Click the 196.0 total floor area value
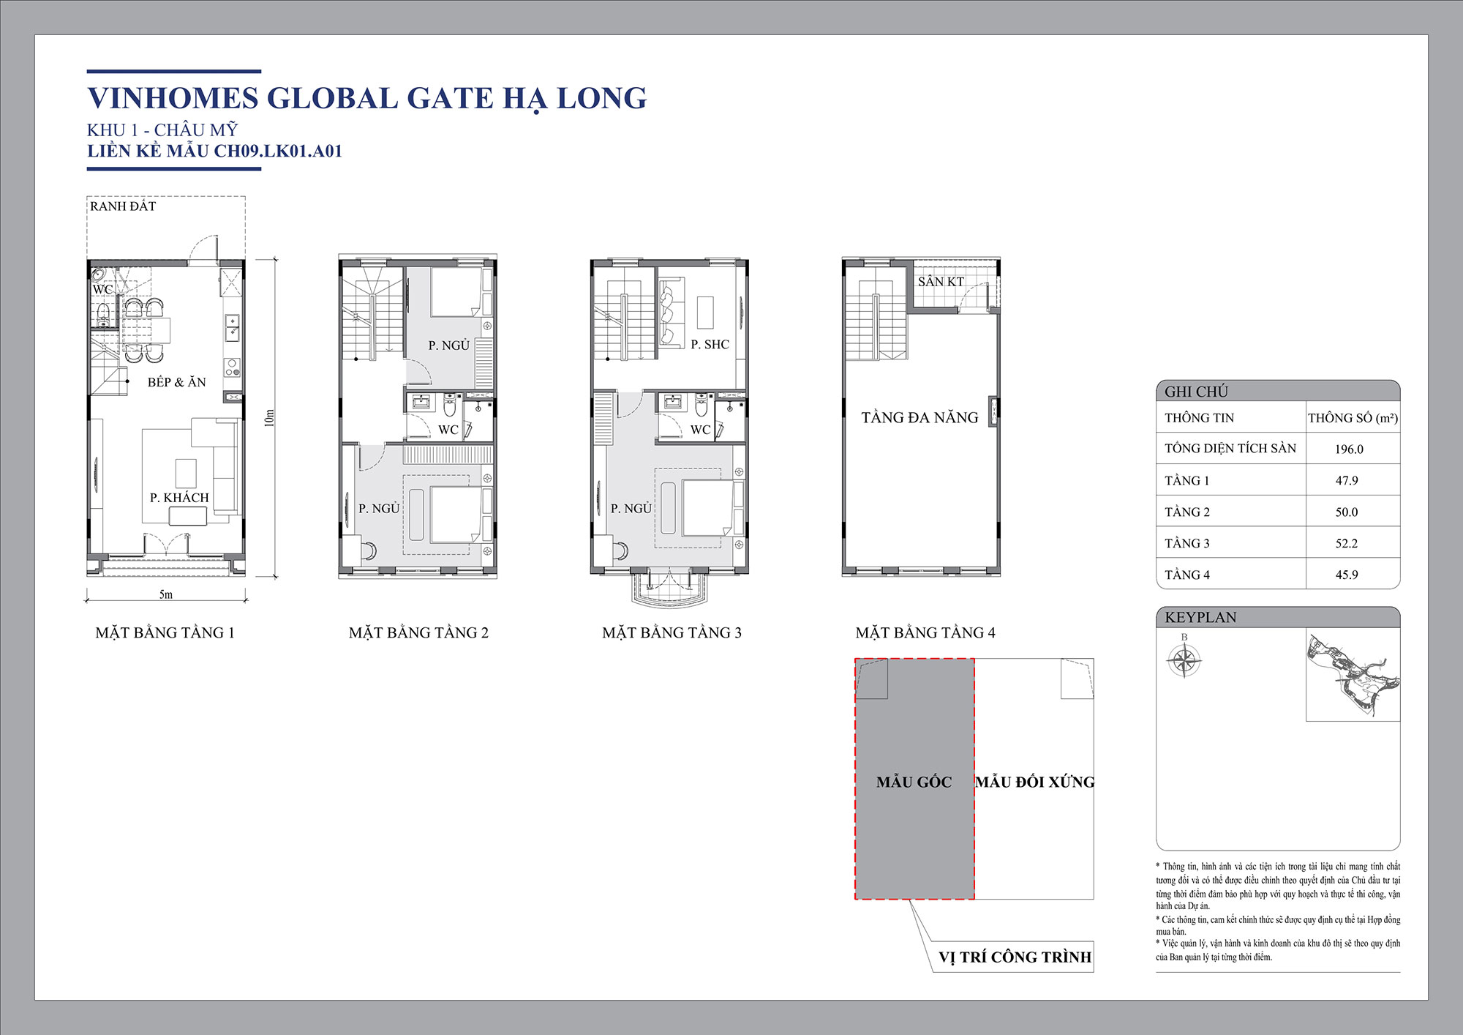(1349, 449)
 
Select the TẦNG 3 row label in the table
(1187, 543)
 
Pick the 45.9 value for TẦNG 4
(1347, 575)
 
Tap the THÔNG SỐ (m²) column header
(1353, 418)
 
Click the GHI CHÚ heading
(1196, 392)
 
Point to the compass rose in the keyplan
(1184, 661)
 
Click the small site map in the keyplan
(1353, 675)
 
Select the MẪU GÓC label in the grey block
(914, 782)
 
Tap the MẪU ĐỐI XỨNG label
(1034, 782)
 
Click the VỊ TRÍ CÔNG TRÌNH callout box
(1014, 957)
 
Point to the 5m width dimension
(166, 594)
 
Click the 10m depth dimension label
(269, 418)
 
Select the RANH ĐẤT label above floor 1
(123, 206)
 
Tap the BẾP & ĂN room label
(176, 382)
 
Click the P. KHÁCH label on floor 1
(179, 498)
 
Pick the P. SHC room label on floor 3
(710, 344)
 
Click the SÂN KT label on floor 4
(941, 282)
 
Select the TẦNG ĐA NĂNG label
(919, 418)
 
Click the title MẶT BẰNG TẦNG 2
(418, 632)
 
